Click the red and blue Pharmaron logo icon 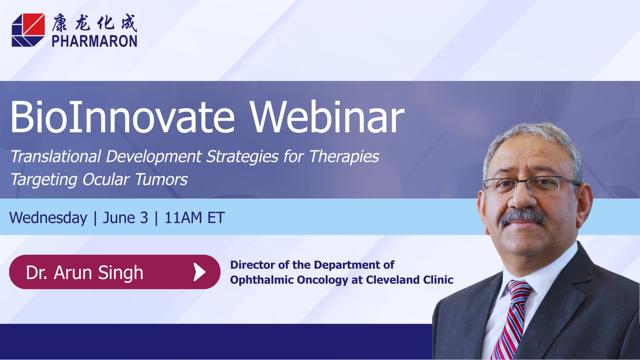pyautogui.click(x=28, y=30)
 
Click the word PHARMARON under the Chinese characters pyautogui.click(x=94, y=41)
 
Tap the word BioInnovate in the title pyautogui.click(x=122, y=117)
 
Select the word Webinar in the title pyautogui.click(x=327, y=117)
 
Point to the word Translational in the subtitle pyautogui.click(x=55, y=156)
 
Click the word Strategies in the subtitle pyautogui.click(x=242, y=157)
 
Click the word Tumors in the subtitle pyautogui.click(x=161, y=179)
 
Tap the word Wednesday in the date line pyautogui.click(x=49, y=218)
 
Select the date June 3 pyautogui.click(x=125, y=218)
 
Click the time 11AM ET pyautogui.click(x=195, y=218)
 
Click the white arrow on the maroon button pyautogui.click(x=199, y=272)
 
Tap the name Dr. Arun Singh pyautogui.click(x=85, y=273)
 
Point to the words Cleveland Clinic pyautogui.click(x=410, y=279)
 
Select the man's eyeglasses pyautogui.click(x=531, y=186)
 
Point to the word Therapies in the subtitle pyautogui.click(x=345, y=157)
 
